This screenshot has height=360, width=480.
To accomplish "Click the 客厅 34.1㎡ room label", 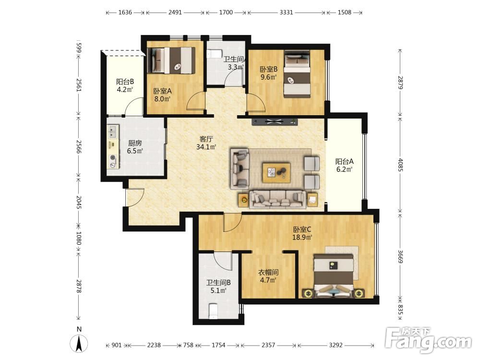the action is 206,143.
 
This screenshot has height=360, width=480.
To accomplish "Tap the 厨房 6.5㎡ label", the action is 135,147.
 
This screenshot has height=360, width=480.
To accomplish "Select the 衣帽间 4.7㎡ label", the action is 268,276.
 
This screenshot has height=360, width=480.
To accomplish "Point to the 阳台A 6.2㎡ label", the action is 345,165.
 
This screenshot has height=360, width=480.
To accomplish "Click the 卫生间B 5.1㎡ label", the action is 218,287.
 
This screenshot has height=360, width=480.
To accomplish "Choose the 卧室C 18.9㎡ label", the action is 302,233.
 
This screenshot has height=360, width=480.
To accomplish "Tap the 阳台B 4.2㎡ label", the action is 125,86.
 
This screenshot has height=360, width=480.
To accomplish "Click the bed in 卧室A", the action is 171,60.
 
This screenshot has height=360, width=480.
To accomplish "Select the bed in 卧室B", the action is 297,73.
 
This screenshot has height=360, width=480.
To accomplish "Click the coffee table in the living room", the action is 276,173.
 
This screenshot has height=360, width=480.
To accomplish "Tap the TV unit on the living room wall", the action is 275,121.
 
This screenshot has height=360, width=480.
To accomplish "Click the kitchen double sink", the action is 113,132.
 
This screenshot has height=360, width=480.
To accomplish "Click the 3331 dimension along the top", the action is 286,12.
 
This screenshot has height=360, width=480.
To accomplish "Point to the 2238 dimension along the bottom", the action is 154,345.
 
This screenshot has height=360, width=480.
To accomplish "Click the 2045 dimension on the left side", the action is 79,203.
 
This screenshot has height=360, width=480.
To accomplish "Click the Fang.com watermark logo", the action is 428,339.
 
